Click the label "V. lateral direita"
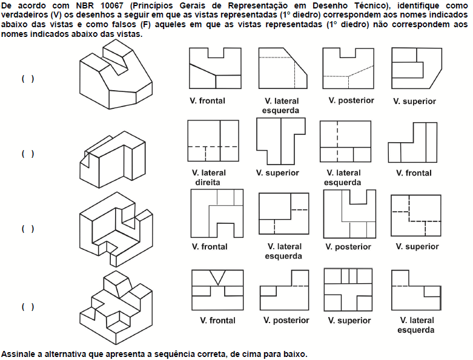click(x=208, y=177)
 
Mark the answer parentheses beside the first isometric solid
click(x=27, y=79)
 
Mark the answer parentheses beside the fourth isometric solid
click(x=27, y=307)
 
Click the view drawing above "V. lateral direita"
click(x=213, y=143)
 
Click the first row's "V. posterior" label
click(x=351, y=100)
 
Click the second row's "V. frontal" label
click(x=414, y=173)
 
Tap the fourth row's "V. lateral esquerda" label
click(x=415, y=325)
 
